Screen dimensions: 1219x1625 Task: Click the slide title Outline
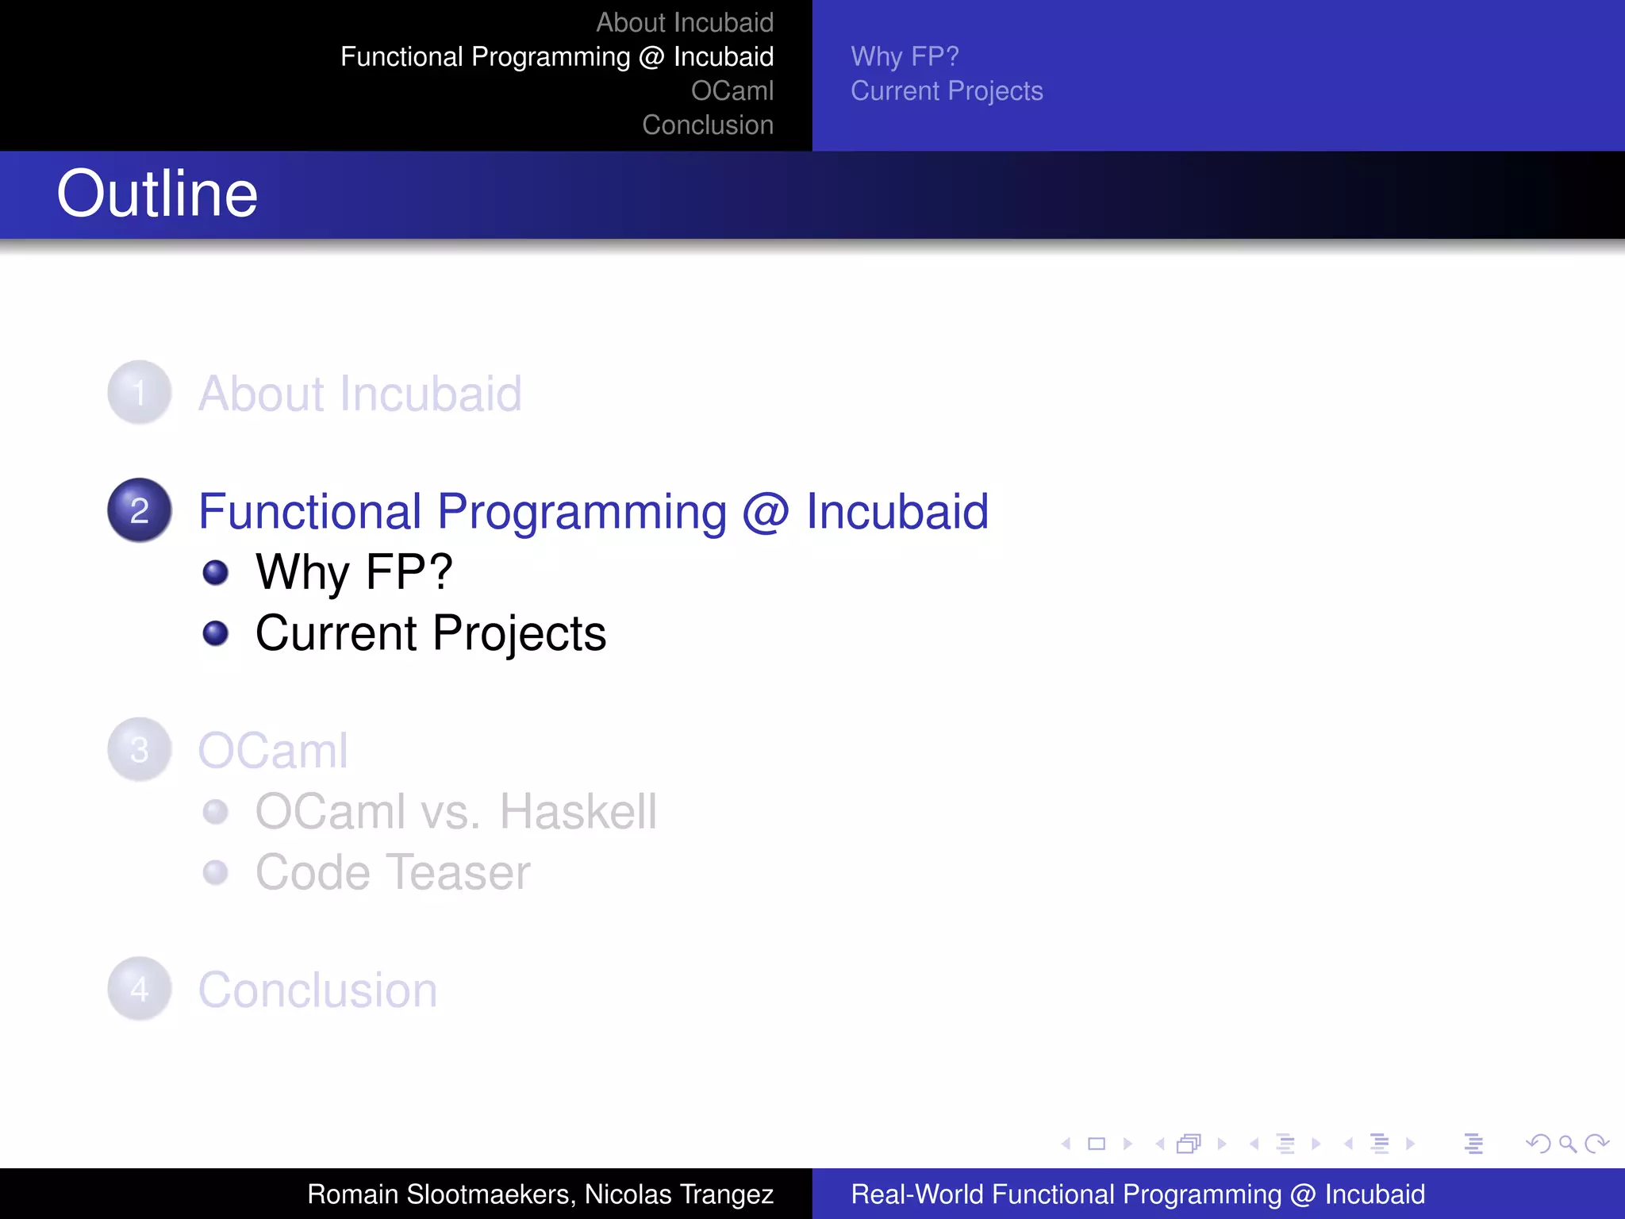157,194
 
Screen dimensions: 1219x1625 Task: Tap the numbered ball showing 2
140,510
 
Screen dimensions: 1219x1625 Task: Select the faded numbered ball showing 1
140,393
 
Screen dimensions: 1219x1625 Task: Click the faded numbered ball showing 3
140,750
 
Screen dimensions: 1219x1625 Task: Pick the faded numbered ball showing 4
140,989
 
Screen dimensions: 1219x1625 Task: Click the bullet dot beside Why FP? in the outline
215,572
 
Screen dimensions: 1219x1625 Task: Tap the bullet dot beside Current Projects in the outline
215,633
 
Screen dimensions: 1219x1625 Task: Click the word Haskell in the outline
578,812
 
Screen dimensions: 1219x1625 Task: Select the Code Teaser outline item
392,872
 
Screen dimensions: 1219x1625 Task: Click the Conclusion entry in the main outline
317,990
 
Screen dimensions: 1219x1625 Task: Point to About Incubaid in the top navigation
684,22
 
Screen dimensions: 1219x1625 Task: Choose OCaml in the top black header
732,90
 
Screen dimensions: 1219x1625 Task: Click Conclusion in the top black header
707,125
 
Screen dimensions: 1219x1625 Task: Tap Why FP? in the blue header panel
905,56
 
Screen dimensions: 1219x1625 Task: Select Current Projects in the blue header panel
947,90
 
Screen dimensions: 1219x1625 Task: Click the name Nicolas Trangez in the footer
679,1194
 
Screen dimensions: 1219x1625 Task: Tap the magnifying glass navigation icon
1567,1144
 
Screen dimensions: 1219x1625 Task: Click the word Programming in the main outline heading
582,512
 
